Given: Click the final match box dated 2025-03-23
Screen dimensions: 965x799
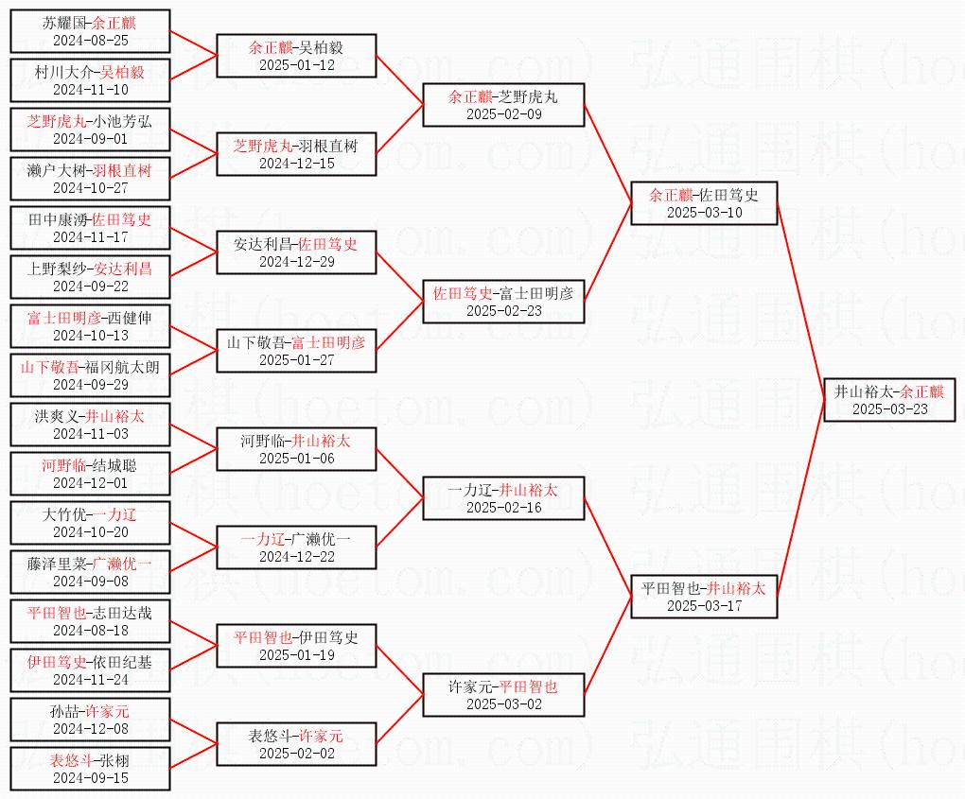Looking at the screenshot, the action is click(x=889, y=400).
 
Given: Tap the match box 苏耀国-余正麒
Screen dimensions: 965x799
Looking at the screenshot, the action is click(x=91, y=31).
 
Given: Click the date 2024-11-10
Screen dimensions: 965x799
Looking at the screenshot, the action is click(x=91, y=90).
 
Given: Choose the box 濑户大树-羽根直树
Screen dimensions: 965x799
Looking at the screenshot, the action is click(x=91, y=179).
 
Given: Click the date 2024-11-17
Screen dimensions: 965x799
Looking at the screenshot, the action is click(x=91, y=237).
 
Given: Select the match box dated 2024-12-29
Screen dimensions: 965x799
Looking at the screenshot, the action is click(x=296, y=252).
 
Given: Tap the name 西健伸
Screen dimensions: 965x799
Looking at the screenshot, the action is click(x=130, y=318).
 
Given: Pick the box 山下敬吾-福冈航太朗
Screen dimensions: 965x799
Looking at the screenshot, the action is click(x=91, y=375).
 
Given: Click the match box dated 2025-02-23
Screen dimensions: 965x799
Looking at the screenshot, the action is click(x=503, y=302).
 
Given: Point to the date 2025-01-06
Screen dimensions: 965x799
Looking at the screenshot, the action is click(x=296, y=459).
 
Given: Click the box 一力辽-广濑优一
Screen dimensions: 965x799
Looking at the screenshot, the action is click(x=296, y=547).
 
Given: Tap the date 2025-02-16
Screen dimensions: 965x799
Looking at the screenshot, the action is click(x=503, y=508).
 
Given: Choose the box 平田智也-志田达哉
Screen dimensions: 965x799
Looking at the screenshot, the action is click(x=91, y=621).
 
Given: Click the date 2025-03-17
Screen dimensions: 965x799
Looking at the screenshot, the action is click(x=704, y=606).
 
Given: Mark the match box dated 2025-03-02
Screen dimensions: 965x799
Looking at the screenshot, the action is click(x=503, y=695).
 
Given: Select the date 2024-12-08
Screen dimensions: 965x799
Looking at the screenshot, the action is click(x=91, y=729).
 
